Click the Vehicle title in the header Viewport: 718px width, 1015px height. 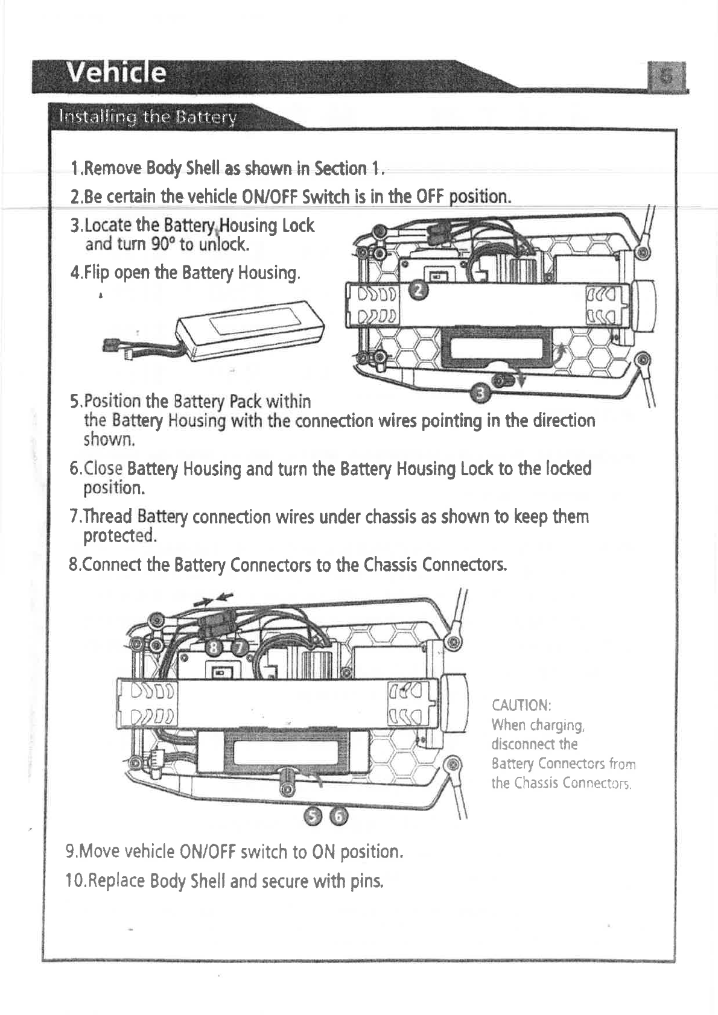[x=117, y=74]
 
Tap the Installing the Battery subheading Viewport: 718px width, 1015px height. [x=147, y=116]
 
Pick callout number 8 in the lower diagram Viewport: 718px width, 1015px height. [x=214, y=647]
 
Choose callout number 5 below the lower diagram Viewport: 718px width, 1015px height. [x=313, y=816]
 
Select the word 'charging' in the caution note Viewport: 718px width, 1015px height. [x=554, y=724]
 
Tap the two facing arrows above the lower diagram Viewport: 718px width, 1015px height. [x=214, y=598]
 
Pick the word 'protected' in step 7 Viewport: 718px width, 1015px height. [x=119, y=535]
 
